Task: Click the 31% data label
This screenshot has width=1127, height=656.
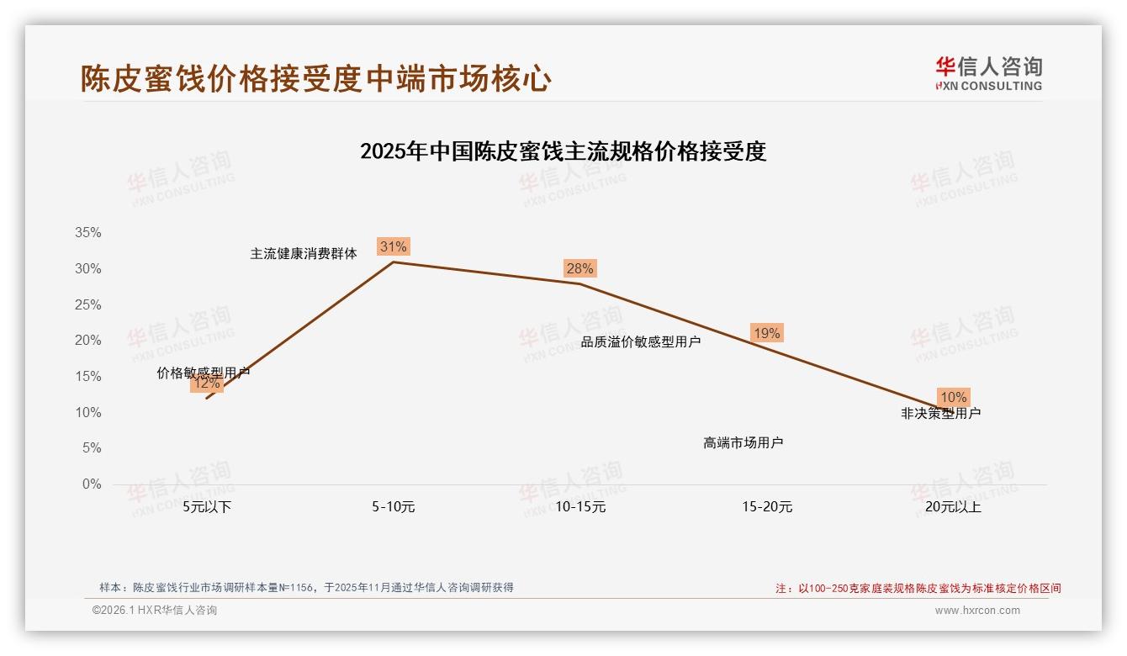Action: click(393, 246)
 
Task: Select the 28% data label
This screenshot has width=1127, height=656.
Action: click(579, 268)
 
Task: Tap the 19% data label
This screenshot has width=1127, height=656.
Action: click(766, 333)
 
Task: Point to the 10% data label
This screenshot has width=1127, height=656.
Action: click(953, 397)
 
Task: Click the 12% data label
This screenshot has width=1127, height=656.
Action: click(206, 384)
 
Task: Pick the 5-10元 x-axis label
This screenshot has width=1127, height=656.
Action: click(393, 507)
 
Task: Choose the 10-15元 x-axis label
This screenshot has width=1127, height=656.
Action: click(580, 507)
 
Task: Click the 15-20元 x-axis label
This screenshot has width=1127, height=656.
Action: click(767, 507)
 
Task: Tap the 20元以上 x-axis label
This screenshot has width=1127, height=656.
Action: click(953, 507)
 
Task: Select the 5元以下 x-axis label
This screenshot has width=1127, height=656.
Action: click(207, 507)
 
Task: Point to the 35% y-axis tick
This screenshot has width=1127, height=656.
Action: click(88, 233)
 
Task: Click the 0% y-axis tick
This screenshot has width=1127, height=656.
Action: click(92, 484)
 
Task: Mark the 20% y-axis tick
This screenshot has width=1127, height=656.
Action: click(88, 341)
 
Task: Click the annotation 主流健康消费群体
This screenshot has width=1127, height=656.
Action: click(304, 253)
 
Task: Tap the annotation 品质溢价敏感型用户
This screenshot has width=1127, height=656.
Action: click(641, 341)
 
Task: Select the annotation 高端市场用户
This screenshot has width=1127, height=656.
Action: click(743, 442)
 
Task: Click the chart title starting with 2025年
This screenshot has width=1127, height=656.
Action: click(563, 152)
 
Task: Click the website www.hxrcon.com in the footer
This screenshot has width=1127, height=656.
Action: click(977, 611)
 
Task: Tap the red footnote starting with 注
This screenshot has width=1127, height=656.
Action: click(918, 589)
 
